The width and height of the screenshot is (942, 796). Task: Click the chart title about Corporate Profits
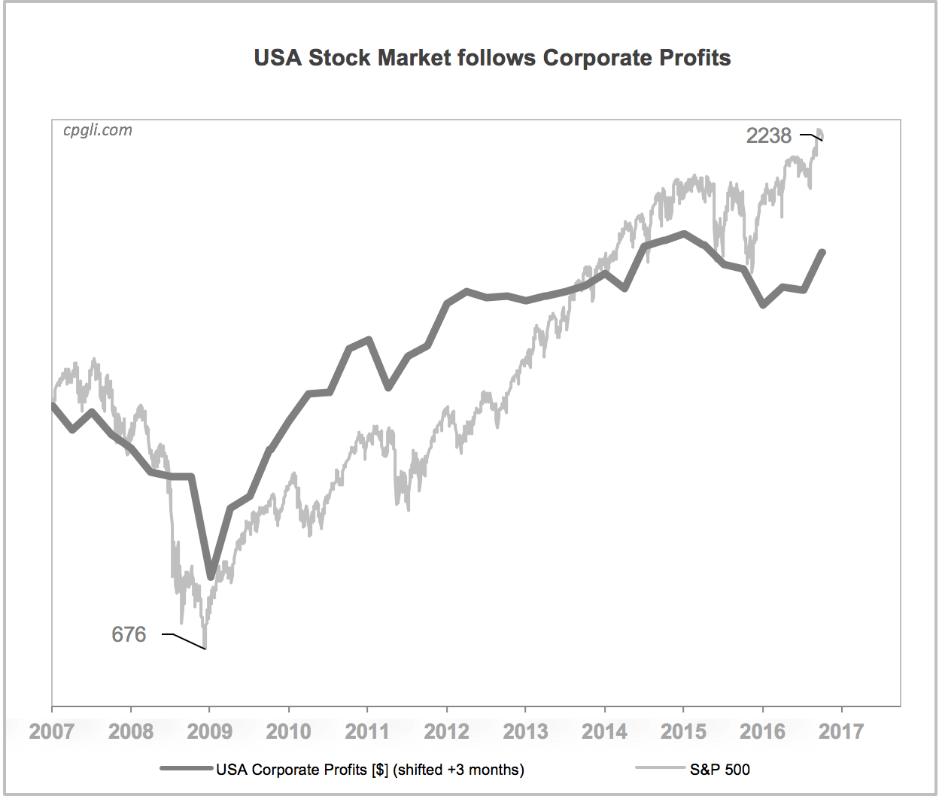[492, 58]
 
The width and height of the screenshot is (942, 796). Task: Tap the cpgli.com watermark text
[98, 130]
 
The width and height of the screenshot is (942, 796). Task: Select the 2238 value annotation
[768, 136]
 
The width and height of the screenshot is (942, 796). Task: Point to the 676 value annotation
[129, 635]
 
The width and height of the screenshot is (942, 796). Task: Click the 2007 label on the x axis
[51, 731]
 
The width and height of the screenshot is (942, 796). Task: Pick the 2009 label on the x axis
[209, 731]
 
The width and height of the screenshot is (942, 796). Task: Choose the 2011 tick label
[367, 731]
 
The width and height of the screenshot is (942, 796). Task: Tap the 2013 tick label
[525, 731]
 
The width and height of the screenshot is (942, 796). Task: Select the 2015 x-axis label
[683, 731]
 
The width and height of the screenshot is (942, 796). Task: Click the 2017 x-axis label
[841, 731]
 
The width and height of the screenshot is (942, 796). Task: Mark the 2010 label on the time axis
[288, 731]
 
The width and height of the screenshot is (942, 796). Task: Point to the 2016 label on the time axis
[762, 731]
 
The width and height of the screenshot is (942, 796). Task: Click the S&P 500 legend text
[719, 770]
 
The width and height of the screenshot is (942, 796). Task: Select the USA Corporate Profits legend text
[370, 770]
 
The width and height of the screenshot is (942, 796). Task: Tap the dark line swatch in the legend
[187, 769]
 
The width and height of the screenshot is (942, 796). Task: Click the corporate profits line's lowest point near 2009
[211, 576]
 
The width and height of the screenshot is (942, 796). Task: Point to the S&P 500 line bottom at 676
[205, 647]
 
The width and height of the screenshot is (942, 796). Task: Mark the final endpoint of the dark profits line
[822, 253]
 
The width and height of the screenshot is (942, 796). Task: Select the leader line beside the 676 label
[184, 640]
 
